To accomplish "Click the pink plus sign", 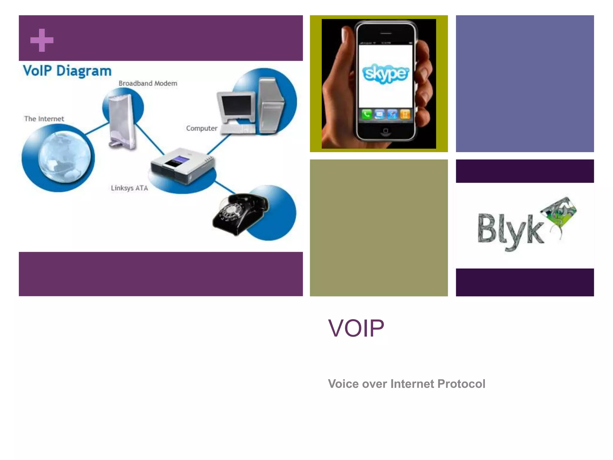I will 42,40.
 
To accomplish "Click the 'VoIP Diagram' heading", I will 67,71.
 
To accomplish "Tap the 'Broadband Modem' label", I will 148,83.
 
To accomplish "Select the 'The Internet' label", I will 44,119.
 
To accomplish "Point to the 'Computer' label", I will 201,128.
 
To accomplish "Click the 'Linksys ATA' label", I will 129,188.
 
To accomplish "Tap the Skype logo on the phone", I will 386,73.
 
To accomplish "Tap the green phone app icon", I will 366,114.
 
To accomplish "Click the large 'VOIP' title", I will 356,328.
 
